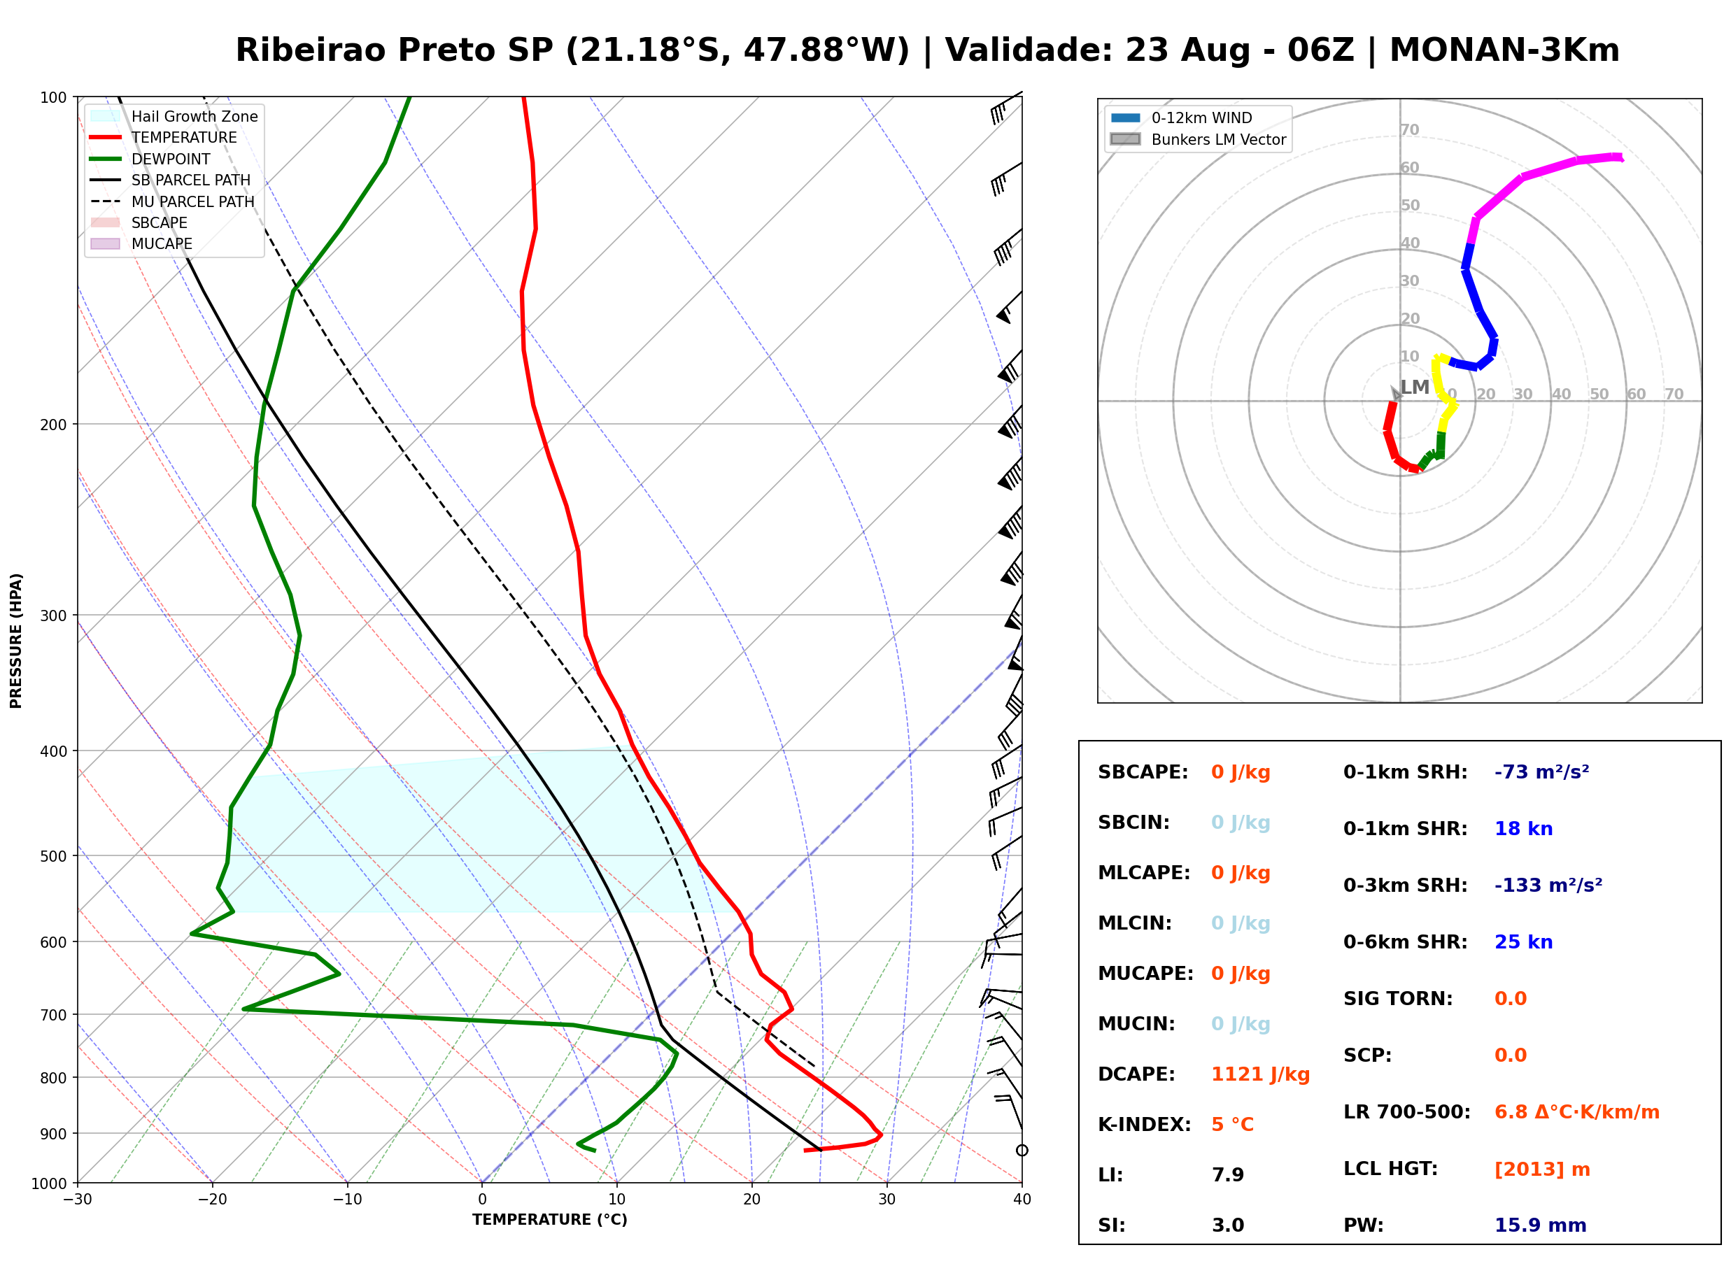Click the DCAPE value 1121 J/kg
tap(1260, 1074)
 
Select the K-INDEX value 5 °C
tap(1232, 1125)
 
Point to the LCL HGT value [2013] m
tap(1542, 1169)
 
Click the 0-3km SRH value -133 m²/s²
tap(1548, 885)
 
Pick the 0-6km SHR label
tap(1405, 942)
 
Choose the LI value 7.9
tap(1227, 1175)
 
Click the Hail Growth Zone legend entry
tap(174, 116)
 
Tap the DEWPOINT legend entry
tap(150, 159)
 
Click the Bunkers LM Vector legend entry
tap(1198, 139)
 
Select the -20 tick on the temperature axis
tap(212, 1200)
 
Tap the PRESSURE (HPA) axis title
tap(16, 641)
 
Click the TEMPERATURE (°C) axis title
tap(549, 1220)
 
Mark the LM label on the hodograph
tap(1414, 387)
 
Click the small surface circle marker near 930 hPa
tap(1022, 1151)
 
